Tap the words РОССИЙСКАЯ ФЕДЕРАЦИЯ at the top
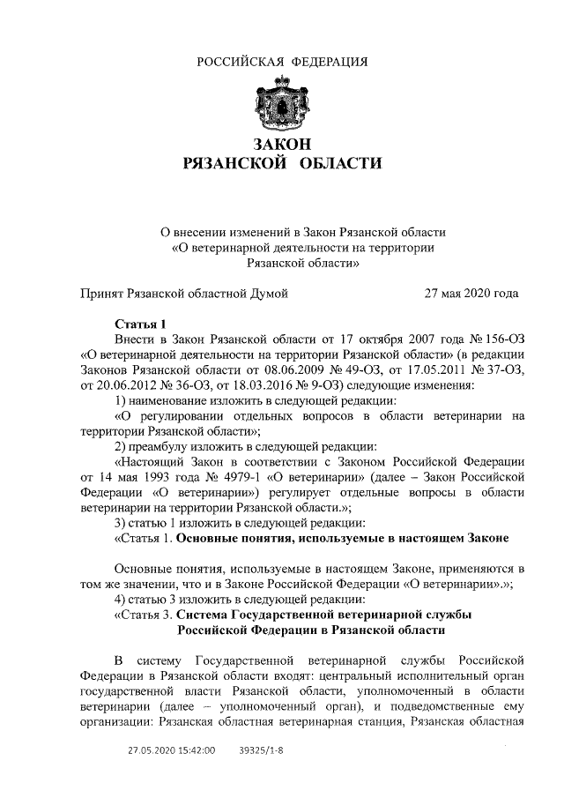(x=281, y=61)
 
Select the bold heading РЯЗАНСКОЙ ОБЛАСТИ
(x=281, y=163)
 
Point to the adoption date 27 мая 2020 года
(x=471, y=293)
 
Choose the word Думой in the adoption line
(x=270, y=293)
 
